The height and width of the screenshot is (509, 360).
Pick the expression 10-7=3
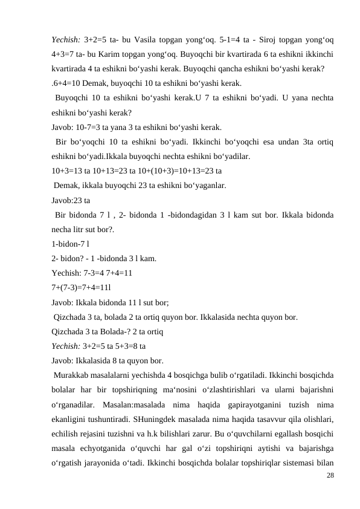pyautogui.click(x=92, y=127)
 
